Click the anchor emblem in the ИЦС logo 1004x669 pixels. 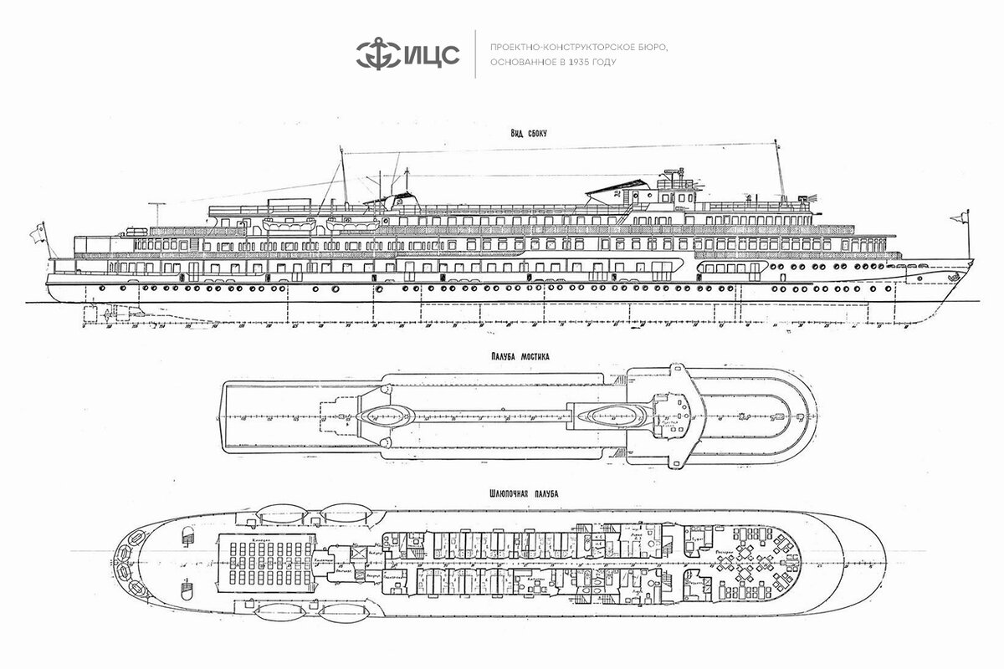pos(373,54)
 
